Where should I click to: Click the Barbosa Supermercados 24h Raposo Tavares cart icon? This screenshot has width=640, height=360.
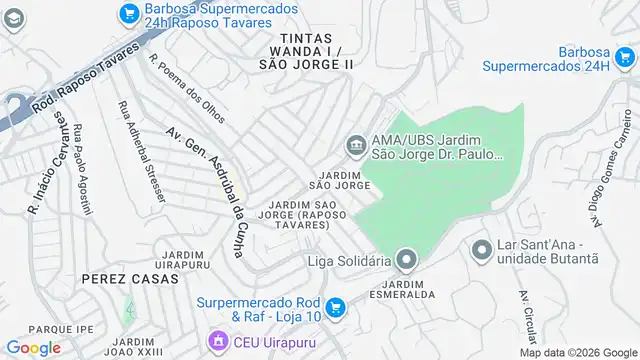[x=128, y=13]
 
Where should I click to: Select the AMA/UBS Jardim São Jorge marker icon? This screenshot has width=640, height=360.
[x=356, y=147]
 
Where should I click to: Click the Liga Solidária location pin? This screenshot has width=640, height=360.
[x=405, y=261]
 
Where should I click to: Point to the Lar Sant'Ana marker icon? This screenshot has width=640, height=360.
[x=481, y=249]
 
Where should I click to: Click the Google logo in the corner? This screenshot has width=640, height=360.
[x=33, y=348]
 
